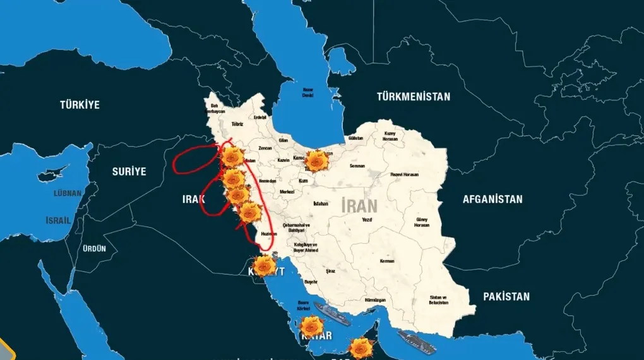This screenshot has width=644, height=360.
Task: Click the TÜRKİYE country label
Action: pyautogui.click(x=80, y=105)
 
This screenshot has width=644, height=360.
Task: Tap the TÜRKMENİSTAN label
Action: pyautogui.click(x=414, y=97)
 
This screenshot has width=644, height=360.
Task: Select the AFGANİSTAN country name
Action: pyautogui.click(x=492, y=199)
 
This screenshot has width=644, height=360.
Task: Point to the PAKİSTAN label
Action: pyautogui.click(x=506, y=296)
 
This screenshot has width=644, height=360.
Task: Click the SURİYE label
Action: pyautogui.click(x=129, y=171)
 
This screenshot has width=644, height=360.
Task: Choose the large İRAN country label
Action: pyautogui.click(x=359, y=205)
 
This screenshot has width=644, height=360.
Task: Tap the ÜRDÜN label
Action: pyautogui.click(x=95, y=248)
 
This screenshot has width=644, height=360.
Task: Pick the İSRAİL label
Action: pyautogui.click(x=58, y=220)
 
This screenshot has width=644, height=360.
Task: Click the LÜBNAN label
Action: pyautogui.click(x=68, y=193)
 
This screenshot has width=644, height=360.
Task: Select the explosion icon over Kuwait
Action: pyautogui.click(x=263, y=266)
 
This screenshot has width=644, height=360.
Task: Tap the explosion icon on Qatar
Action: pyautogui.click(x=311, y=327)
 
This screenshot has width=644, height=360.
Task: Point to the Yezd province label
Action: pyautogui.click(x=367, y=220)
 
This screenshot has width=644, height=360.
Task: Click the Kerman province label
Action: pyautogui.click(x=387, y=261)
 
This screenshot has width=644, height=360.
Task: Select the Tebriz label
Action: pyautogui.click(x=237, y=124)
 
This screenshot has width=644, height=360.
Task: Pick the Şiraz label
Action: pyautogui.click(x=331, y=270)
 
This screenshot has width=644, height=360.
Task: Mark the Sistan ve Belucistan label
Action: pyautogui.click(x=438, y=299)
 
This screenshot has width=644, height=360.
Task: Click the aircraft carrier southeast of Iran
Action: pyautogui.click(x=416, y=342)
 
